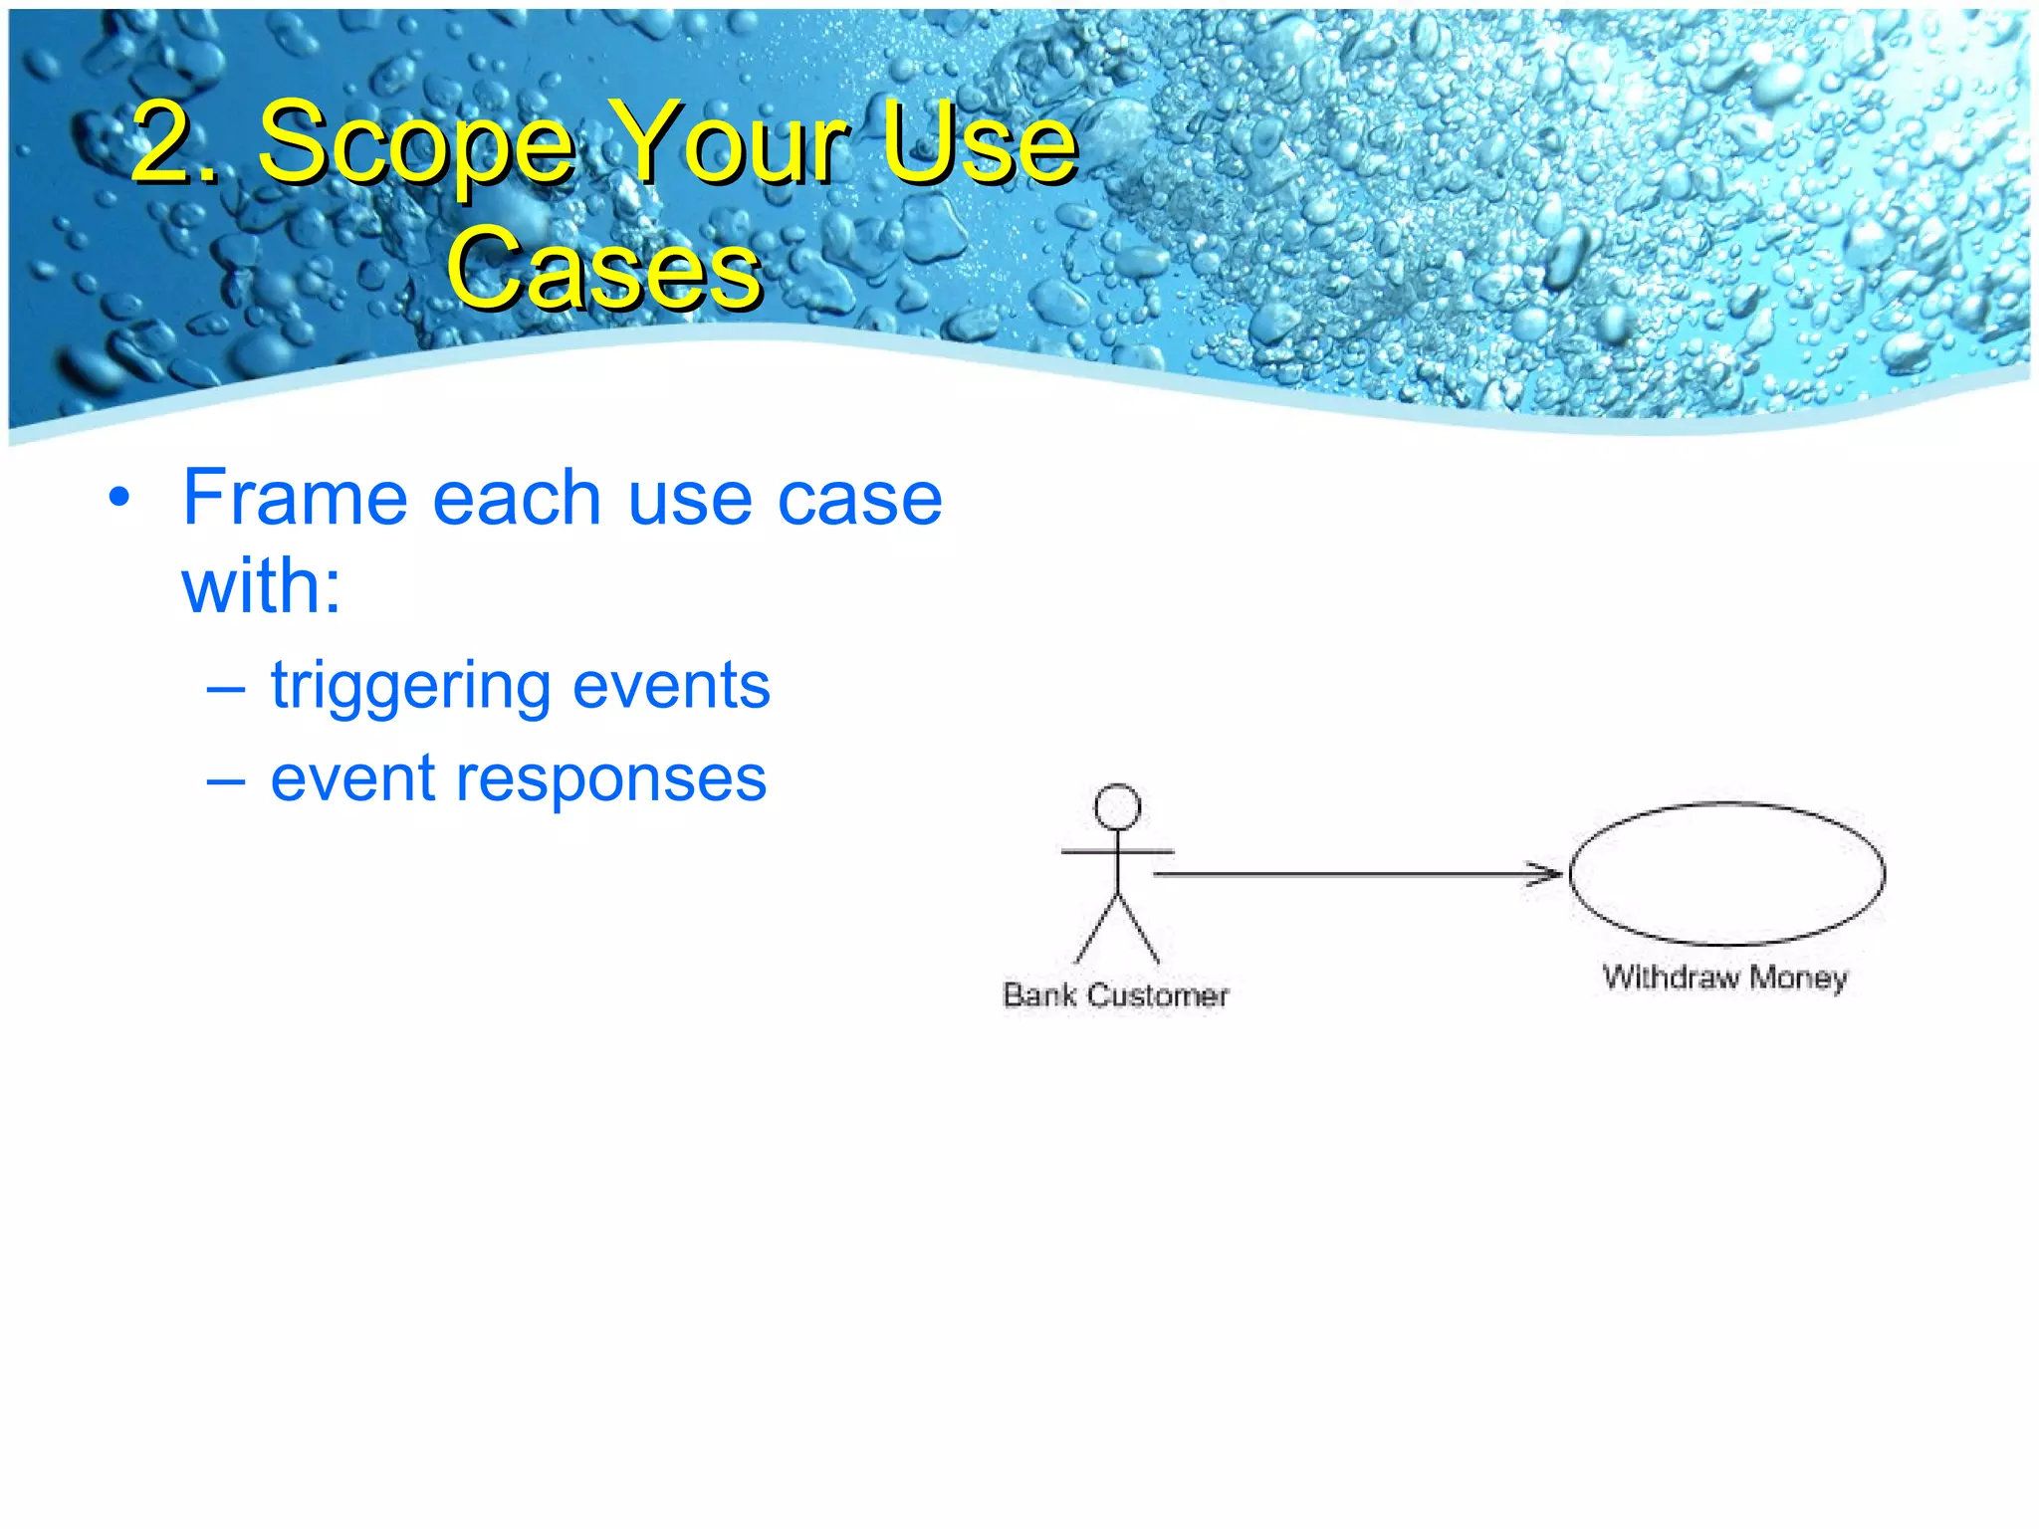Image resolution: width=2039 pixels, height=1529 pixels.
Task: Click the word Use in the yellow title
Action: pos(981,144)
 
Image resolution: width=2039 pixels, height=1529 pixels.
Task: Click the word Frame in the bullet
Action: pos(295,498)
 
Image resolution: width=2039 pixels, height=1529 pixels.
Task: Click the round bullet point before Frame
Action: pos(119,498)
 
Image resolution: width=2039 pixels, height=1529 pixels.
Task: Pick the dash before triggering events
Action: pos(226,687)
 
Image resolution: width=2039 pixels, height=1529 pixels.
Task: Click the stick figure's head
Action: pos(1117,806)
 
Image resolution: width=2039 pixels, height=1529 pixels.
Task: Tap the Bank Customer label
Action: pos(1115,994)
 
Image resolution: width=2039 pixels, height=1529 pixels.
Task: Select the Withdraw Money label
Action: pos(1724,977)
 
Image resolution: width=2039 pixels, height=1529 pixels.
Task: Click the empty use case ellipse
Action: pos(1726,873)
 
